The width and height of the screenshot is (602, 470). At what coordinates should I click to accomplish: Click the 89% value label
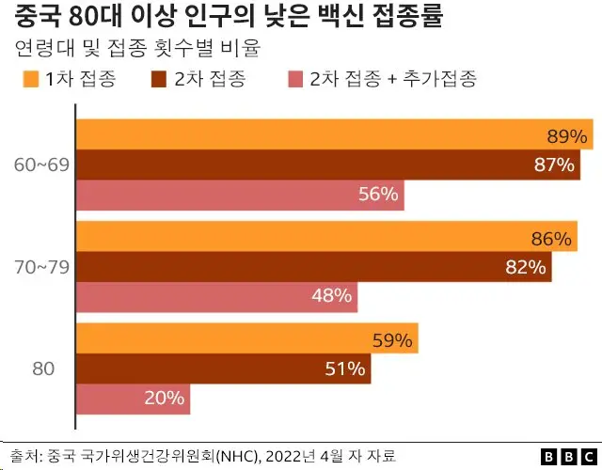[567, 137]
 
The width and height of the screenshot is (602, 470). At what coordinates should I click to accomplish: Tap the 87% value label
[554, 165]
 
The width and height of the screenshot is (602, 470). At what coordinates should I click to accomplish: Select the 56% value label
[380, 195]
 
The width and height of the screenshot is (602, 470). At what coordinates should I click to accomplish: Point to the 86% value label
[551, 239]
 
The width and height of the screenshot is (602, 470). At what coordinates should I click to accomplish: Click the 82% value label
[526, 267]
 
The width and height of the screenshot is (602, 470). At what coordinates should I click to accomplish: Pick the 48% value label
[331, 296]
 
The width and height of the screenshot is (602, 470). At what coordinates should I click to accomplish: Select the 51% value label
[344, 369]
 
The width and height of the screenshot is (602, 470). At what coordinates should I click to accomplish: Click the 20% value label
[164, 398]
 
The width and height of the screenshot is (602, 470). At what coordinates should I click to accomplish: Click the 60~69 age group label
[40, 165]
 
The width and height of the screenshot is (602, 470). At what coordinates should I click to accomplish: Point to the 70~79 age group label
[40, 268]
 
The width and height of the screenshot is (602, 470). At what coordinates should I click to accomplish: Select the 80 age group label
[43, 369]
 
